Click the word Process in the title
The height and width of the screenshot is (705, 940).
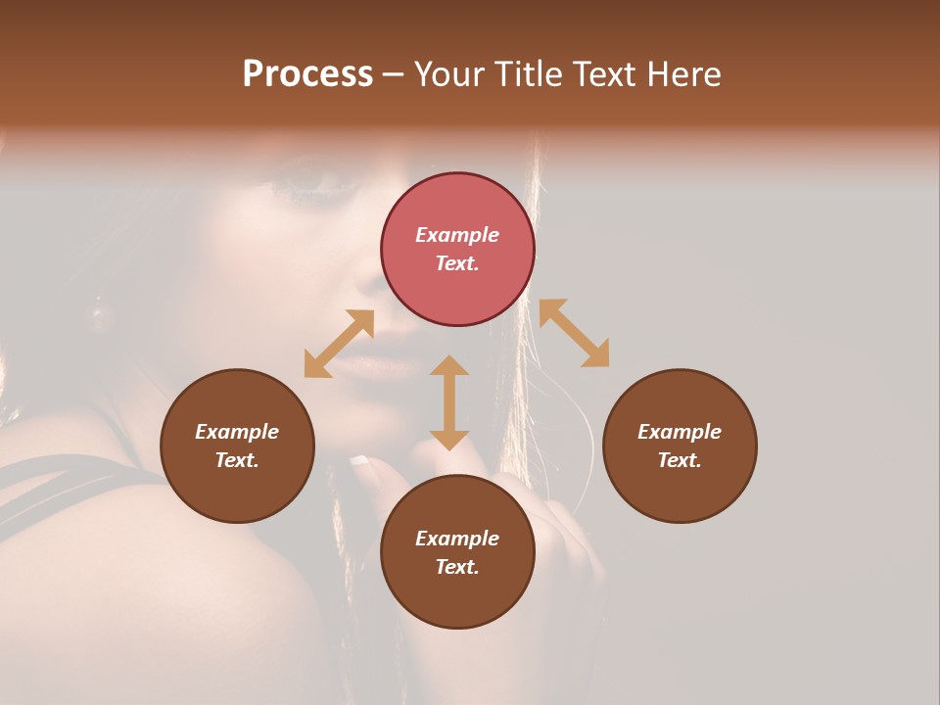click(307, 74)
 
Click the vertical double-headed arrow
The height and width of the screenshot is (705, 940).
click(449, 402)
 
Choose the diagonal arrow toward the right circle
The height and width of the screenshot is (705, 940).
click(574, 333)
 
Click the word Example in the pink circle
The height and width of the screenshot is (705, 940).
click(457, 235)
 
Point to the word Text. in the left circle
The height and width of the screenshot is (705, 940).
click(237, 460)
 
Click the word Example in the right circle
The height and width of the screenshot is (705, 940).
click(680, 432)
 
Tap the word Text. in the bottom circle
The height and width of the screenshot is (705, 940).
click(457, 567)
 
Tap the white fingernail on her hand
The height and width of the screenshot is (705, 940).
click(360, 460)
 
